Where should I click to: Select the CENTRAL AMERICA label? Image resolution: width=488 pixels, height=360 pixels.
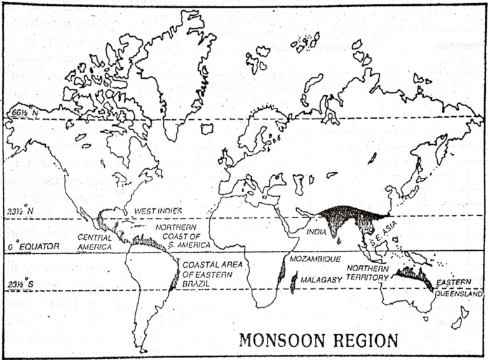click(95, 241)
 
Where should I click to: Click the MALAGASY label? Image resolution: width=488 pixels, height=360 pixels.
click(319, 278)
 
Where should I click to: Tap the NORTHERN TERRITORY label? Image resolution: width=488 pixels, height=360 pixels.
click(367, 273)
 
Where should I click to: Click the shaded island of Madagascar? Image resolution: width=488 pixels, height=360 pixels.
click(293, 281)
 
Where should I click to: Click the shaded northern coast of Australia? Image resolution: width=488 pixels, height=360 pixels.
click(413, 275)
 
